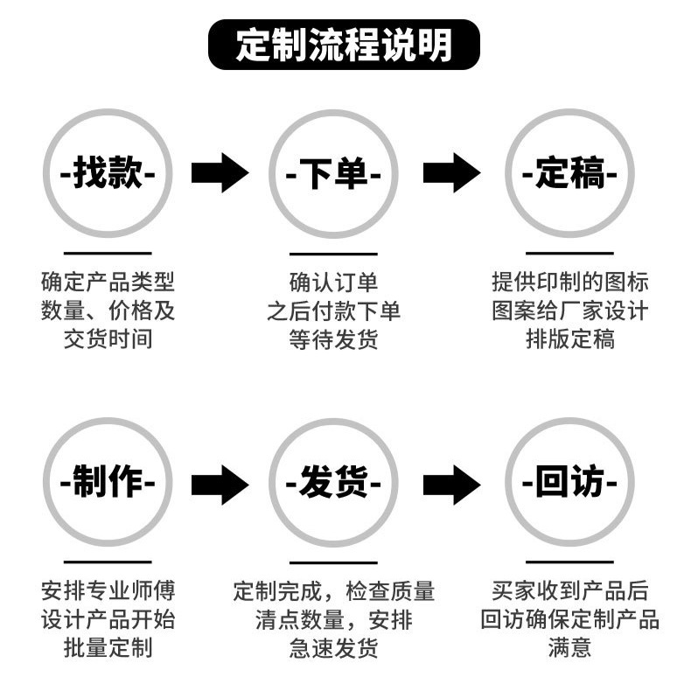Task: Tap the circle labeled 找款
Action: click(108, 173)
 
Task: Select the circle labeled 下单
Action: click(333, 173)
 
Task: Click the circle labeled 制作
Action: click(108, 482)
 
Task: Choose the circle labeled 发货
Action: click(333, 482)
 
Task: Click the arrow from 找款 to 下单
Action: click(220, 173)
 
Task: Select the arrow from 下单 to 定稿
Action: click(451, 173)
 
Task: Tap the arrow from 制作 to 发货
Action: click(220, 484)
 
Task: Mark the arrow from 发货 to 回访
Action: click(451, 484)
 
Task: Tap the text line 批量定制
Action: click(108, 648)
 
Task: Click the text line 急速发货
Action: click(333, 648)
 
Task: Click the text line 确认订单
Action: click(333, 283)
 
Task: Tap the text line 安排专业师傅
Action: click(108, 591)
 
